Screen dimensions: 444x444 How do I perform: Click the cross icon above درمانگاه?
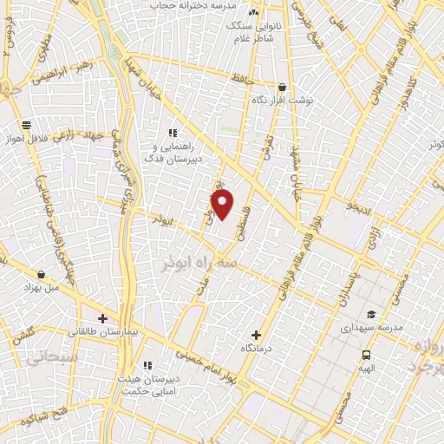tap(255, 335)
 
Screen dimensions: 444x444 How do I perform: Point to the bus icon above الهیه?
tap(367, 355)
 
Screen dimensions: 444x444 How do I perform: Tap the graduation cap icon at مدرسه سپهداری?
tap(370, 314)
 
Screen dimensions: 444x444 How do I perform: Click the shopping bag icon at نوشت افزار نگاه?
tap(282, 87)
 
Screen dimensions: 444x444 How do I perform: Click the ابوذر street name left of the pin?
tap(163, 221)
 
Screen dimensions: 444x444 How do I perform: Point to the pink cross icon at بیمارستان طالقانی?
tap(102, 318)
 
